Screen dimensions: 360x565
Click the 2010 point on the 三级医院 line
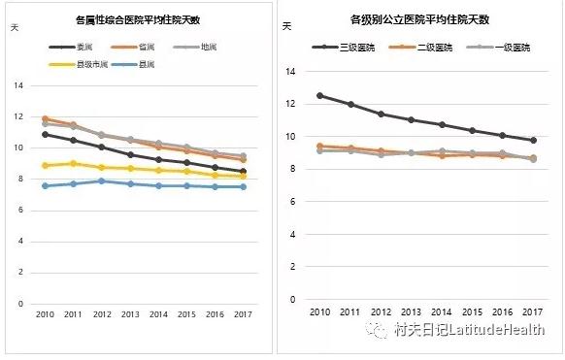click(x=320, y=95)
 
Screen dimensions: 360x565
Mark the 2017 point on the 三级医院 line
click(x=532, y=141)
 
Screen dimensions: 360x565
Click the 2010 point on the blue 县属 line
click(x=46, y=185)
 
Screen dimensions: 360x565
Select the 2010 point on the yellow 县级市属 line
click(x=46, y=165)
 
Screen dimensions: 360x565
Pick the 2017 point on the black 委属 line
click(x=242, y=172)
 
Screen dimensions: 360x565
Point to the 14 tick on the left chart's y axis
click(x=17, y=85)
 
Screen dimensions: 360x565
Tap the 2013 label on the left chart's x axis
click(x=129, y=315)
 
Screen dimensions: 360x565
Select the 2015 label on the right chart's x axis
click(x=472, y=311)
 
